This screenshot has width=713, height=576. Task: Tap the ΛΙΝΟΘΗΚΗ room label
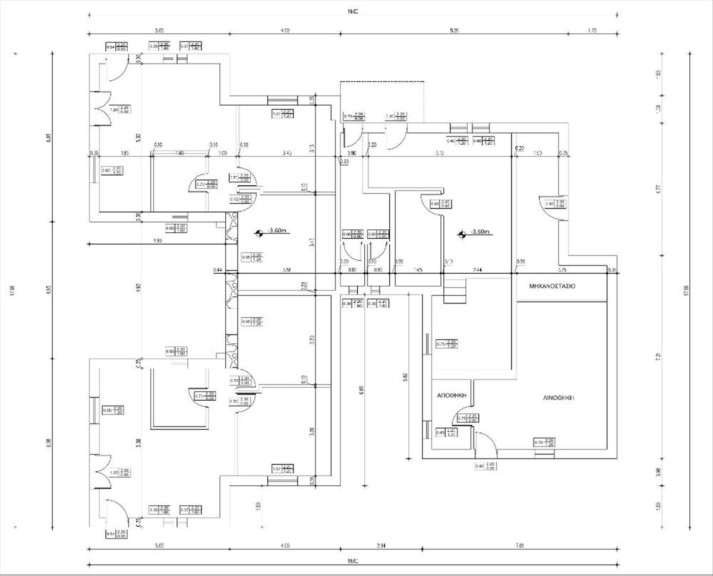(x=558, y=398)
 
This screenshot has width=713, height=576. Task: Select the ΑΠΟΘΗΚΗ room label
(x=453, y=395)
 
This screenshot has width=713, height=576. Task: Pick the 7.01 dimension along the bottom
(x=519, y=545)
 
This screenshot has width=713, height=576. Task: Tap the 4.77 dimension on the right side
(x=658, y=190)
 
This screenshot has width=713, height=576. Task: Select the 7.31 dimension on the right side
(x=658, y=356)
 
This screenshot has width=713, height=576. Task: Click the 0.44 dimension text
(x=217, y=271)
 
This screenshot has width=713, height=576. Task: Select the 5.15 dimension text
(x=440, y=153)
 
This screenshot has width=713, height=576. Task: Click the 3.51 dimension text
(x=287, y=271)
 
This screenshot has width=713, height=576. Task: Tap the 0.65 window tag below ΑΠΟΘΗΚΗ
(x=440, y=433)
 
